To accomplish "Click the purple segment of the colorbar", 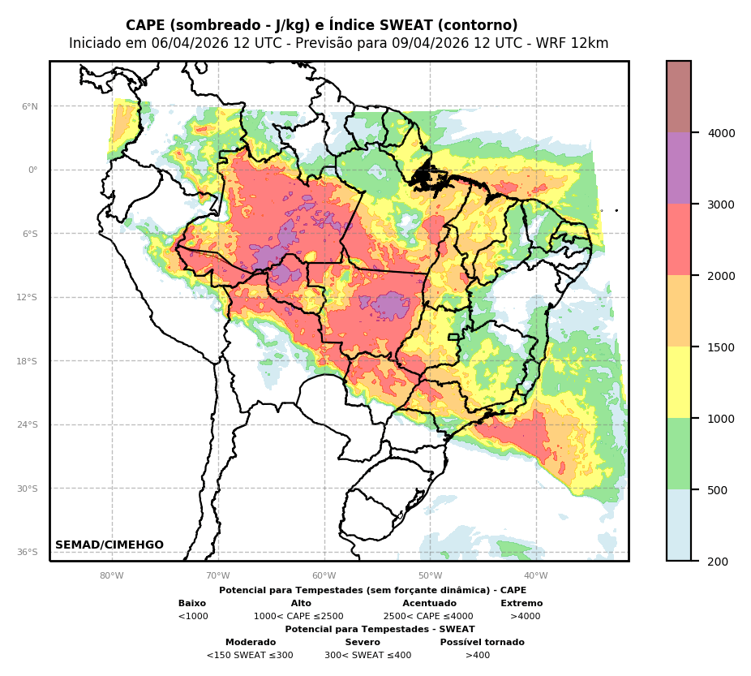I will (x=679, y=169).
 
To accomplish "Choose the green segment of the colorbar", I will (x=679, y=454).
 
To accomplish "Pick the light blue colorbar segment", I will (x=679, y=525).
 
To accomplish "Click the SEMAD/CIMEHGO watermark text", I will (x=109, y=545).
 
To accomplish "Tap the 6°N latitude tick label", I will (x=30, y=106).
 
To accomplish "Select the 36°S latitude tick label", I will (x=28, y=553).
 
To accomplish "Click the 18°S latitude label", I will (x=28, y=361).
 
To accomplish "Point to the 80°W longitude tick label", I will (x=112, y=576).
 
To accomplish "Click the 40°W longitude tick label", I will (x=536, y=576).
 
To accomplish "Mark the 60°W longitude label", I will (x=324, y=576).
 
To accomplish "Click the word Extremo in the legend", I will (x=521, y=604).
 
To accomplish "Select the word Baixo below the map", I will (x=192, y=604).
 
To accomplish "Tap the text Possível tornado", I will (x=482, y=643).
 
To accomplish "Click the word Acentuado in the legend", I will (x=429, y=604).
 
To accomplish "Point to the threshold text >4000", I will (x=525, y=617).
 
